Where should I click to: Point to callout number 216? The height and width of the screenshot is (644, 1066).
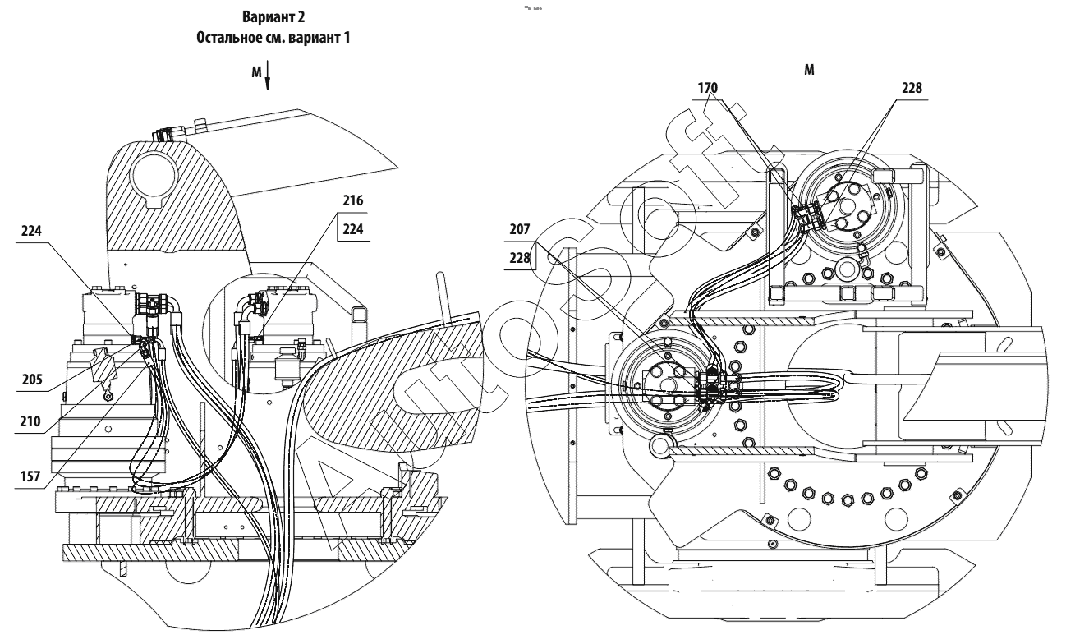[x=354, y=200]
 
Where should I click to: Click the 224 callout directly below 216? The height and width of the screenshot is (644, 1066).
[x=354, y=231]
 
